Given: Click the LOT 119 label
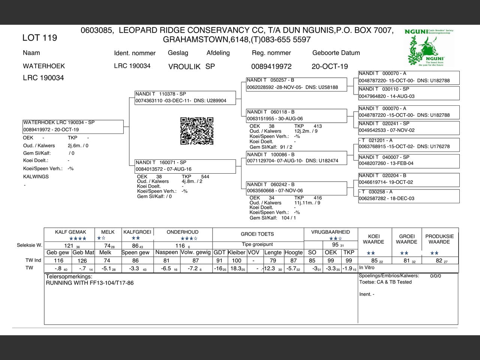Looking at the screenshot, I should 40,37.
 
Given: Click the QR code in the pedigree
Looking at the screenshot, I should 197,131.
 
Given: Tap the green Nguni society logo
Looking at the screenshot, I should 429,48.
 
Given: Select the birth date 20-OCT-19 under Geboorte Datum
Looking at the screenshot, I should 330,66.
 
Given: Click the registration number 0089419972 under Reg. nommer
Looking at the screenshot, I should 271,66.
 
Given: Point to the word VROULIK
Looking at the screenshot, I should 184,66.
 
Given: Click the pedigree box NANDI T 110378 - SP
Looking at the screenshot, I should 185,97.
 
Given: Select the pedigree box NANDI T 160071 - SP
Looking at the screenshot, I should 185,166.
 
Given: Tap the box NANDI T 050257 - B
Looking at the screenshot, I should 296,84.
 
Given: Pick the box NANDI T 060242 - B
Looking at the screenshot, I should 296,187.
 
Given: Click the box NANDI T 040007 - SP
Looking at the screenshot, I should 409,160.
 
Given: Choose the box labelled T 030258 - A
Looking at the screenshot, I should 409,195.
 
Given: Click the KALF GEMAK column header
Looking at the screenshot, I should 70,232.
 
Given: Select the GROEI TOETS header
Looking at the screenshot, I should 257,234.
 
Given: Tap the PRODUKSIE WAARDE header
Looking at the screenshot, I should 439,239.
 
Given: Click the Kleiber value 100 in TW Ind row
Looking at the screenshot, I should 237,261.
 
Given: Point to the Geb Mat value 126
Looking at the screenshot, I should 82,261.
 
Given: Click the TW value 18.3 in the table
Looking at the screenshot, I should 237,268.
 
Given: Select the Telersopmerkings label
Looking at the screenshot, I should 69,276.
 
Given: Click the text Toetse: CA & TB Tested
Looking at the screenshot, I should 385,282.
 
